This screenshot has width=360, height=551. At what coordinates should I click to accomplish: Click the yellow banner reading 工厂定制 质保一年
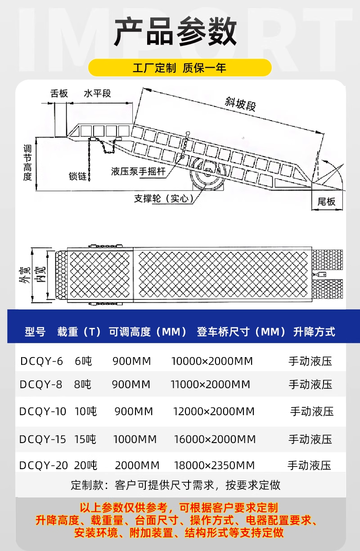180,67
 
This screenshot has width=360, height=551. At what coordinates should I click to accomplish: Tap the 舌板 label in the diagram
59,94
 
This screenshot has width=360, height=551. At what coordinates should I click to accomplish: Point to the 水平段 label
98,94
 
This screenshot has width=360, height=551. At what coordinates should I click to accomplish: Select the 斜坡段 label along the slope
240,104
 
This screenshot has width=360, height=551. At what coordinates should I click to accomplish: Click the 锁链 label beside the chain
77,176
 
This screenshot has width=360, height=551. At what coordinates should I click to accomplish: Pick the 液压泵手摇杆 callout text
138,171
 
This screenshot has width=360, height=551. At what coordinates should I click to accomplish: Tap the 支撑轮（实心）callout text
164,198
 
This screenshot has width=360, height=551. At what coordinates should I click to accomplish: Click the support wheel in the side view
208,174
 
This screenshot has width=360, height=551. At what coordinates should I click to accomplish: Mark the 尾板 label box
327,202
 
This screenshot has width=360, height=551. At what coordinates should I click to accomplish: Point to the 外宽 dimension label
25,275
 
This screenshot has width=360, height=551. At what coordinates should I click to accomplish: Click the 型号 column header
35,331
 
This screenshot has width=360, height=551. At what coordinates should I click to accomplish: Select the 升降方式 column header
314,331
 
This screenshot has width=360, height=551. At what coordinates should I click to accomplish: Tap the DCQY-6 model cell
41,361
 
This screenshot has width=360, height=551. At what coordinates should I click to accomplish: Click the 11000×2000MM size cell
211,384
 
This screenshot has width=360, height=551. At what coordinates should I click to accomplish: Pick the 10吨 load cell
85,411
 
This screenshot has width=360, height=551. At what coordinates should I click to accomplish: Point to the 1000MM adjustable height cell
135,439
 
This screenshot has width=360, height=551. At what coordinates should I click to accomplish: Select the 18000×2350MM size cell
214,465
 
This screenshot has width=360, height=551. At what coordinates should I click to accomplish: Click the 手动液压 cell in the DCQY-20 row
309,465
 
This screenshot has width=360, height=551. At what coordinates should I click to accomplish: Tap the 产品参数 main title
175,31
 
